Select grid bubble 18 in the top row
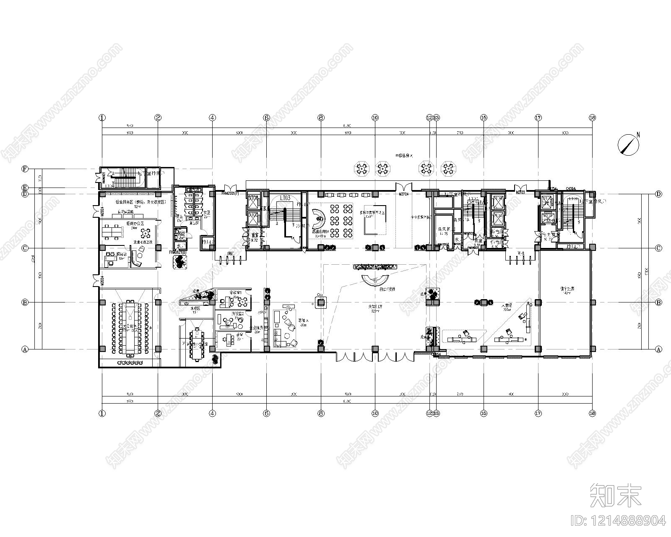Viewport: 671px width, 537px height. click(x=592, y=118)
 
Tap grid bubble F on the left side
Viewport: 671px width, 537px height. click(x=25, y=169)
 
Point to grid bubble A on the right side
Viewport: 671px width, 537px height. click(x=658, y=349)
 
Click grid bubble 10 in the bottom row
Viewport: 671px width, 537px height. click(x=375, y=413)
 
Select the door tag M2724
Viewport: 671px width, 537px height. click(x=403, y=194)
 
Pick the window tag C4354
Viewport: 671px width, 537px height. click(x=570, y=189)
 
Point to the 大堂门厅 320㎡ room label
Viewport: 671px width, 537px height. click(x=375, y=309)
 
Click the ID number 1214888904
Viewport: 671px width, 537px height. click(x=619, y=521)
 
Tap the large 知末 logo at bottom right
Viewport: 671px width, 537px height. click(x=616, y=495)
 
